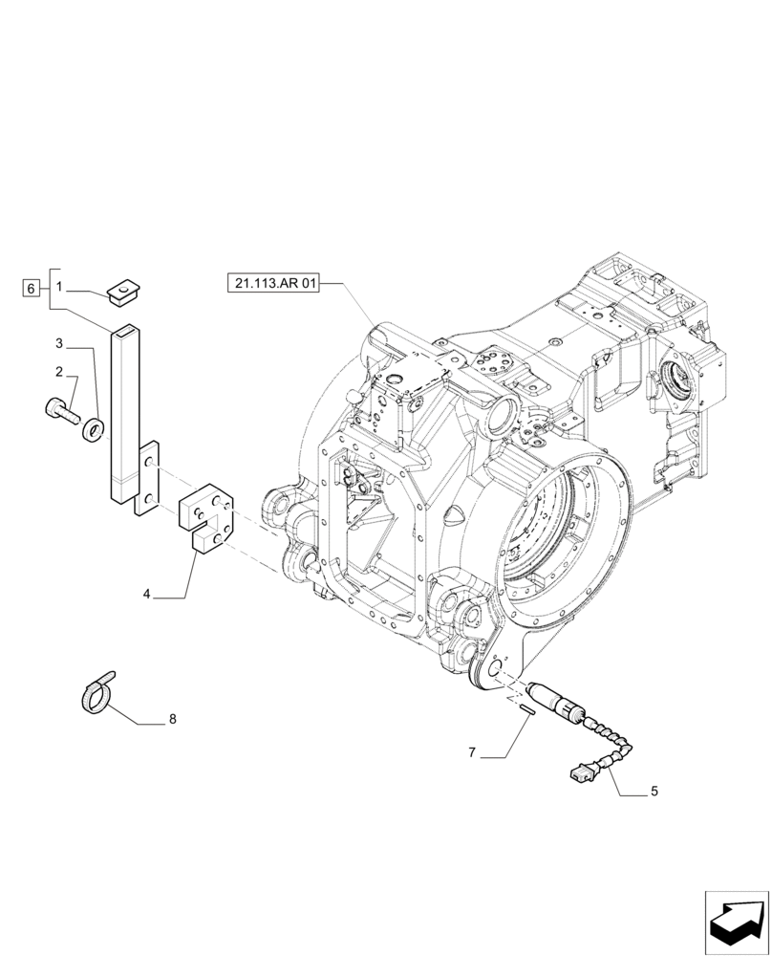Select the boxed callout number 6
click(x=31, y=287)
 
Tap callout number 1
click(x=59, y=287)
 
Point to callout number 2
click(x=59, y=371)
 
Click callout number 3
click(x=59, y=343)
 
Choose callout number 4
click(x=147, y=594)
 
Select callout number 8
click(x=172, y=718)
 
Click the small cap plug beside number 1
click(x=121, y=291)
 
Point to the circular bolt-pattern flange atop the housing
click(x=497, y=365)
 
